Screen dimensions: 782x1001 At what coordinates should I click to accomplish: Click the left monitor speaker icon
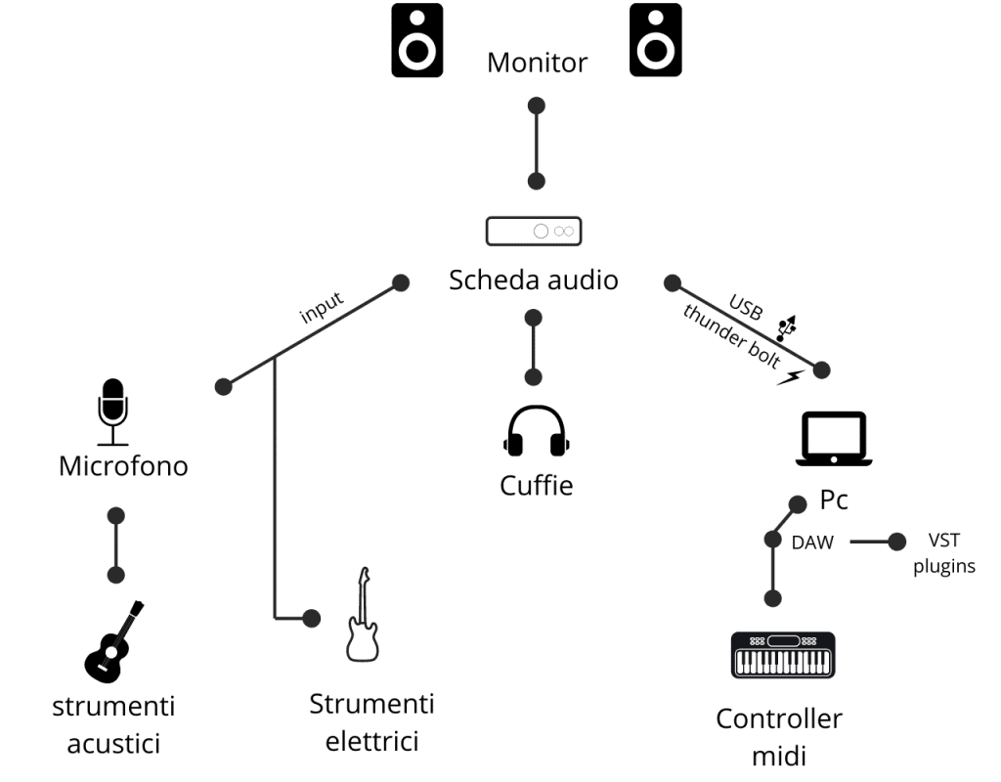pos(417,39)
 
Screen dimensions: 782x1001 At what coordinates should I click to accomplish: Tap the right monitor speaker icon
pos(655,39)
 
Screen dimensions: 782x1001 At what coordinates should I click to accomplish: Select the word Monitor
pos(537,64)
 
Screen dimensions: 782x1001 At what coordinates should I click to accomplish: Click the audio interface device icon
pos(534,231)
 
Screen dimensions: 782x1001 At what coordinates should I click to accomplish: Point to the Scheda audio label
pos(534,281)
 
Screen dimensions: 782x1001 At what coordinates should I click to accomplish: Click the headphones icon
pos(536,432)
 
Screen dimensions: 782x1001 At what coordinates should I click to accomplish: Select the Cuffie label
pos(536,484)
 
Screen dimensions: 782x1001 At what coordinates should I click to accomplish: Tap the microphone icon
pos(112,411)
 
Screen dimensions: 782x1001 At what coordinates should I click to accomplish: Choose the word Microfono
pos(123,465)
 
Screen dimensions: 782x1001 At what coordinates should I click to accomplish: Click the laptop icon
pos(834,439)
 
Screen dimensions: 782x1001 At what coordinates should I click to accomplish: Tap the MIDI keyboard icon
pos(784,655)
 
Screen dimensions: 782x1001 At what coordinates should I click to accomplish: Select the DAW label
pos(812,542)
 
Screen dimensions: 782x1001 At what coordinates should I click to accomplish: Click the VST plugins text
pos(943,553)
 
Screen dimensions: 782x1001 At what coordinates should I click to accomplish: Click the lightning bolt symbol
pos(790,376)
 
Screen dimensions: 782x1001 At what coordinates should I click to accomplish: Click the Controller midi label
pos(779,737)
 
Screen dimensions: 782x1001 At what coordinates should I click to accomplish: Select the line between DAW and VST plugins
pos(870,541)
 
